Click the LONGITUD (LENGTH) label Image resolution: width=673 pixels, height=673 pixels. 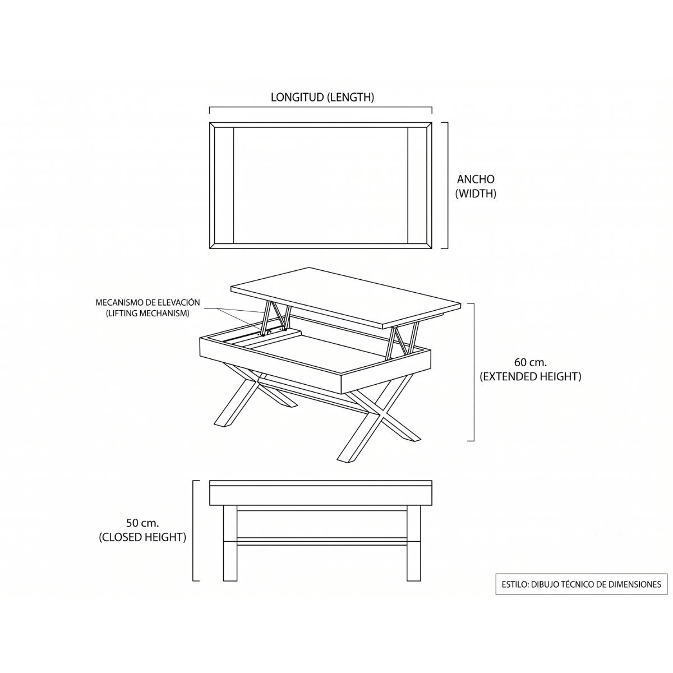click(x=322, y=98)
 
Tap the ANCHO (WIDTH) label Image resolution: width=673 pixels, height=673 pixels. click(x=476, y=186)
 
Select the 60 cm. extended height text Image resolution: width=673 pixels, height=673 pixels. click(x=530, y=369)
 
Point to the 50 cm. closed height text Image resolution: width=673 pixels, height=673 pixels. click(x=142, y=530)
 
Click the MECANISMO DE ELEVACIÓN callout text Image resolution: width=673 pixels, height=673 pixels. click(x=147, y=308)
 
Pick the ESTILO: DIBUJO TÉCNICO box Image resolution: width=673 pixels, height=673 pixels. click(x=581, y=584)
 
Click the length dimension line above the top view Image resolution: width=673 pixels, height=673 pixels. click(x=321, y=108)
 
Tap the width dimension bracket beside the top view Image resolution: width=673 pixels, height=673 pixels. click(x=447, y=186)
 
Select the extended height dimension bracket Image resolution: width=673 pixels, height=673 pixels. click(x=473, y=372)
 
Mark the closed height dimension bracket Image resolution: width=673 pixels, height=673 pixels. click(x=193, y=531)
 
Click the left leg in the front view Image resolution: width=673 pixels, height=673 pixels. click(x=230, y=543)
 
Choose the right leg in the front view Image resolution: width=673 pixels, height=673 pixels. click(x=414, y=543)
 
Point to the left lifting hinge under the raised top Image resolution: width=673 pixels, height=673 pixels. click(x=275, y=316)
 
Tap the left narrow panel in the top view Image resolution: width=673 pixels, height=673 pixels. click(x=224, y=186)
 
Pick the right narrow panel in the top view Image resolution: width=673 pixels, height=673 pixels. click(x=417, y=186)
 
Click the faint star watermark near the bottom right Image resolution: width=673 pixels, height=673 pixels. click(x=607, y=533)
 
